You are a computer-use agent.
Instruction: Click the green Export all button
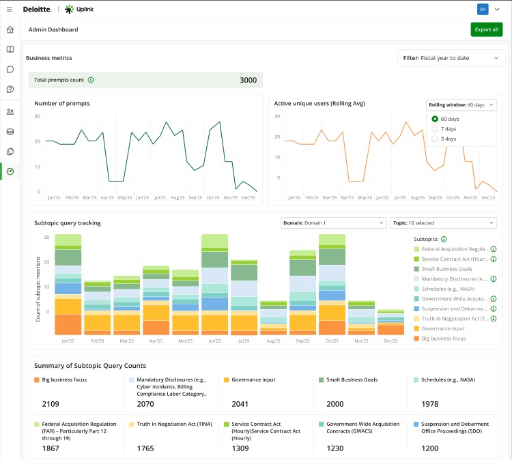coord(486,29)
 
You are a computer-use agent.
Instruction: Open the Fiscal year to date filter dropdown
coord(451,58)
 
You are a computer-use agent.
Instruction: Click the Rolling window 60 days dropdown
coord(461,104)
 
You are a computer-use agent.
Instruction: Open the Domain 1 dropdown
coord(333,222)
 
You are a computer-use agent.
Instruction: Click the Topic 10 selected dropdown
coord(443,222)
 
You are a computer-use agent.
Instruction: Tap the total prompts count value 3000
coord(248,80)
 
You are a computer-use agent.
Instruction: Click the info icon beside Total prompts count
coord(91,80)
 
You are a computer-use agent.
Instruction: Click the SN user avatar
coord(483,9)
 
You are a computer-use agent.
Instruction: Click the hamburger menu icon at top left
coord(10,9)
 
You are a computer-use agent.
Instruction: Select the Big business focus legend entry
coord(444,339)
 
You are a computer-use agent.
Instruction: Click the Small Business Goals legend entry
coord(447,269)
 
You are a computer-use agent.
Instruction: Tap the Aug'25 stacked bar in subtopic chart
coord(273,317)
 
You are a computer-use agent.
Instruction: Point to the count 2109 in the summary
coord(51,404)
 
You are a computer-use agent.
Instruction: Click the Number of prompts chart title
coord(62,104)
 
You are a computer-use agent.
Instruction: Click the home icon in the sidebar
coord(10,30)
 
